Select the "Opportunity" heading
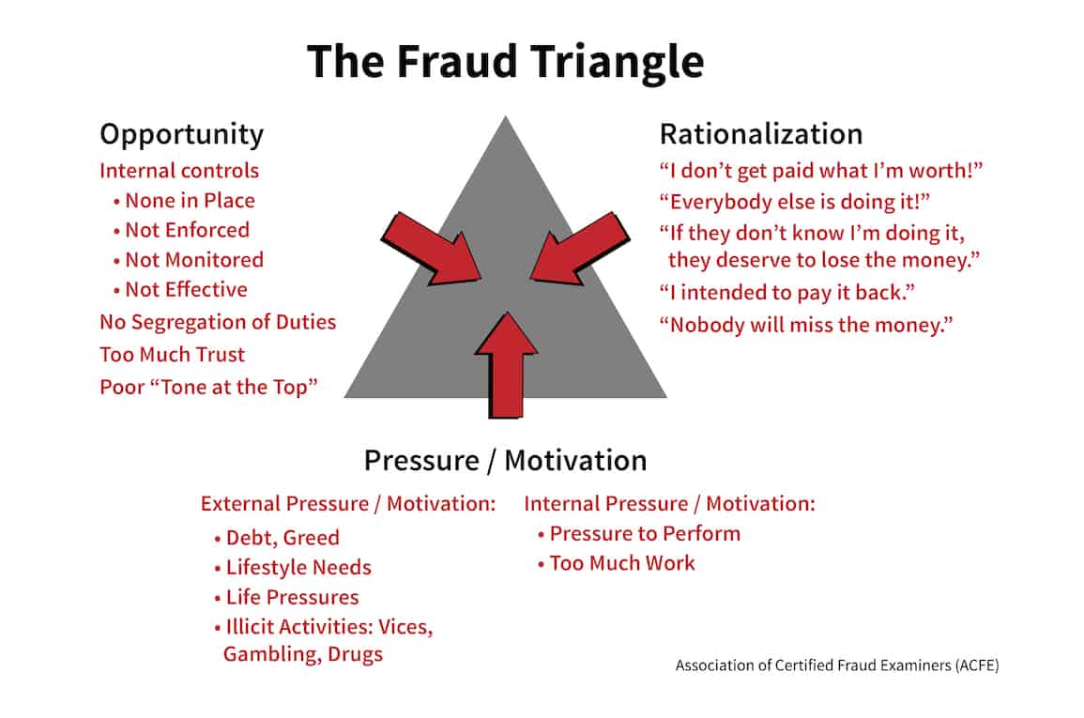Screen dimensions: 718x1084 (x=181, y=134)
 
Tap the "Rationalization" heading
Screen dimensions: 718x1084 (x=760, y=134)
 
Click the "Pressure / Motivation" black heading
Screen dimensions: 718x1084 (x=505, y=461)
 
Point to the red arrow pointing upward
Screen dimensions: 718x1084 (x=507, y=366)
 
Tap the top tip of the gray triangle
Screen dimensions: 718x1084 (x=506, y=119)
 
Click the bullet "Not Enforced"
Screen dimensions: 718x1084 (x=187, y=230)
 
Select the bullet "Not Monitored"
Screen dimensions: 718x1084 (x=193, y=260)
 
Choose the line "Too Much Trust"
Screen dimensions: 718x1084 (x=172, y=355)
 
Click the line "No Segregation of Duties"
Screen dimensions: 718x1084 (x=218, y=323)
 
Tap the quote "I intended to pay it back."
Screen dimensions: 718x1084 (x=786, y=293)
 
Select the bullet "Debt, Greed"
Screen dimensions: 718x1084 (x=282, y=538)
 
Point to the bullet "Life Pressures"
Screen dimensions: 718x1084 (x=292, y=598)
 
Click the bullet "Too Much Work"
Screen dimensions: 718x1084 (x=622, y=563)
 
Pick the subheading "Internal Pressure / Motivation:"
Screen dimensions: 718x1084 (x=669, y=504)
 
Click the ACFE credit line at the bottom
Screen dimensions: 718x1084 (x=836, y=665)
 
